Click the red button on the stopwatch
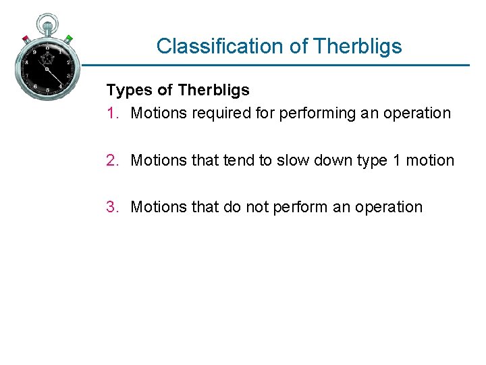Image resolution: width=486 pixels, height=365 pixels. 26,38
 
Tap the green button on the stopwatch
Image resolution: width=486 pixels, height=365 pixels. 69,39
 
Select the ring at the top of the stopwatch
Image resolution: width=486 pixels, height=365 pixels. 47,20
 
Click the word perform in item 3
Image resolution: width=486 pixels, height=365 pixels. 300,207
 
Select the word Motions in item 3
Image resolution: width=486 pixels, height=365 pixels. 157,207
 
